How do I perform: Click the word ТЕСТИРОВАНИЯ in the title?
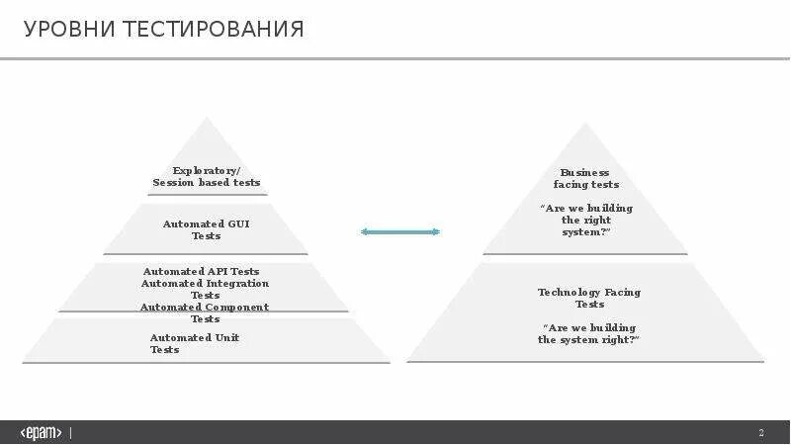point(214,30)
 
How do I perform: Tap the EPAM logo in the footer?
point(42,433)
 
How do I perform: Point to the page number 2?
point(761,433)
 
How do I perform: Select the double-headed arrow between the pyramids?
point(400,231)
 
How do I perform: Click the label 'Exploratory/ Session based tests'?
point(207,176)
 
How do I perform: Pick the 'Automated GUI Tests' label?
point(207,229)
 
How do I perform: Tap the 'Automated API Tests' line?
point(202,271)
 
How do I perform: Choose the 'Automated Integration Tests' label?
point(206,289)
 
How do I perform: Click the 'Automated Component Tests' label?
point(205,312)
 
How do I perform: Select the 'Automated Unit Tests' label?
point(194,343)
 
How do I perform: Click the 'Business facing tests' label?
point(585,178)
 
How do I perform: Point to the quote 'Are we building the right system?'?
point(586,220)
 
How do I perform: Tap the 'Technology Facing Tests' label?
point(589,298)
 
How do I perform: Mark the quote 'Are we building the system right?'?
point(589,333)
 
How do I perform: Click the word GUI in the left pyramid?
point(238,224)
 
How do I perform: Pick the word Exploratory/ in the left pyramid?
point(207,170)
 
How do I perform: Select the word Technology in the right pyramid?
point(568,292)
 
